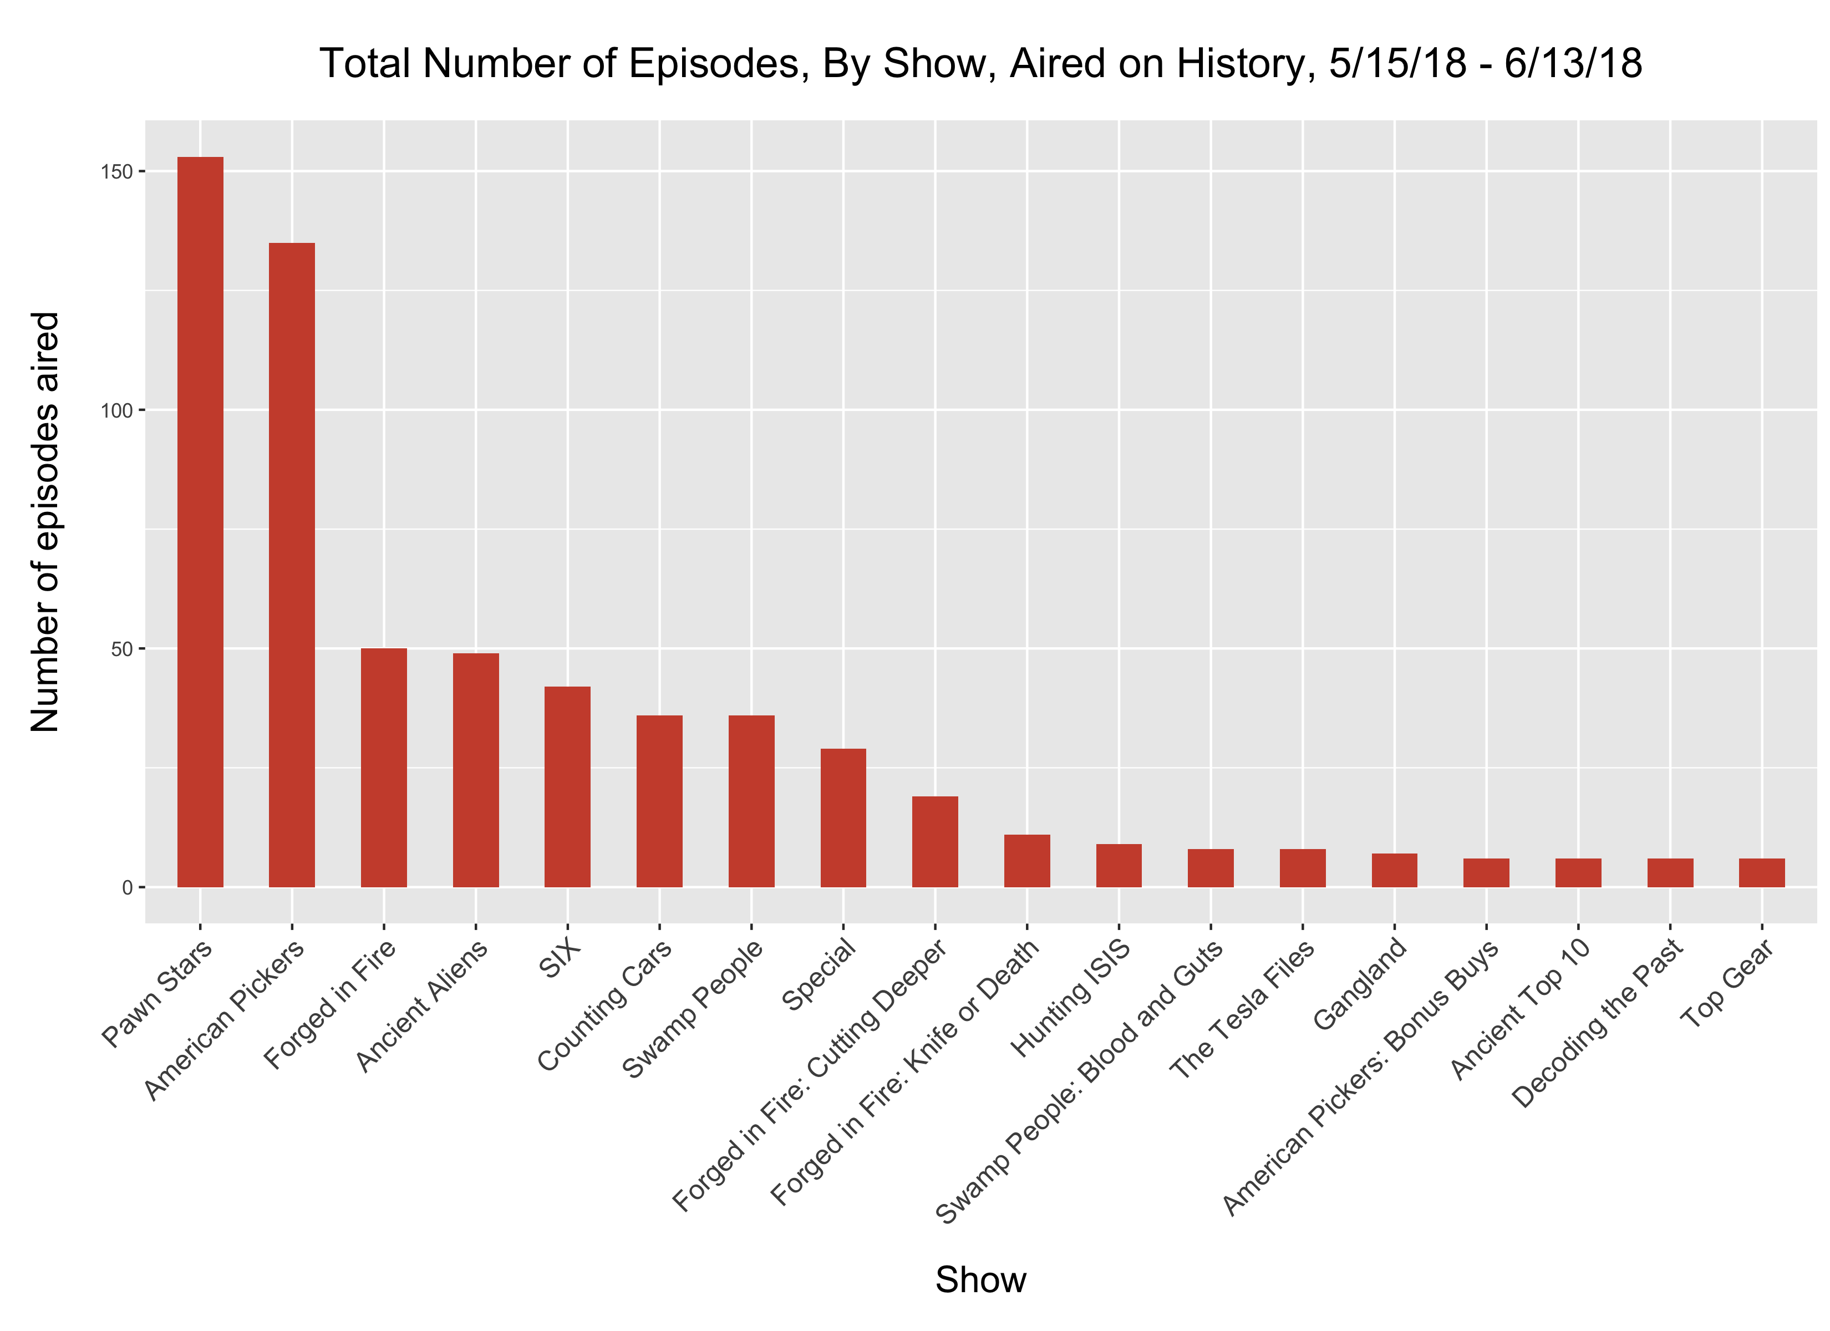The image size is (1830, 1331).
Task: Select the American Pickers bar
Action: pyautogui.click(x=292, y=565)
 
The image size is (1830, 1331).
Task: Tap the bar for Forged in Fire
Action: pyautogui.click(x=384, y=768)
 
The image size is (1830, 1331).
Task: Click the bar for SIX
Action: pyautogui.click(x=567, y=787)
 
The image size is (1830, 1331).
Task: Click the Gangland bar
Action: pyautogui.click(x=1394, y=870)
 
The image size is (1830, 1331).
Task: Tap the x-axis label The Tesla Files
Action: pyautogui.click(x=1243, y=1009)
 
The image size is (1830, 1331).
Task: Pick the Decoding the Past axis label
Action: pyautogui.click(x=1598, y=1023)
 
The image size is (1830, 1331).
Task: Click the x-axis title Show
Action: pyautogui.click(x=980, y=1279)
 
